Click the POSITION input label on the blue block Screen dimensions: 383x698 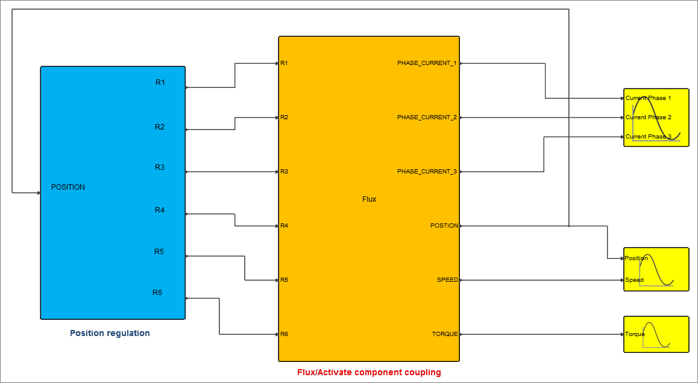tap(68, 187)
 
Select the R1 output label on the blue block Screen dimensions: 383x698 tap(160, 83)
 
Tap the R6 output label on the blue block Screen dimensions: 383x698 tap(157, 293)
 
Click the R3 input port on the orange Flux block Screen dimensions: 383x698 tap(284, 172)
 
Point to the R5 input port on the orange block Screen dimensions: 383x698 tap(284, 280)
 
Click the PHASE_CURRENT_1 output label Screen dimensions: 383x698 tap(427, 63)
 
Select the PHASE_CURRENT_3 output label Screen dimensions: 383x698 tap(427, 172)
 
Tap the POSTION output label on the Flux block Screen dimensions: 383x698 tap(444, 226)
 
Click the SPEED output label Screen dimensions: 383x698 tap(447, 280)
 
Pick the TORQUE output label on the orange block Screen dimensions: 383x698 tap(445, 334)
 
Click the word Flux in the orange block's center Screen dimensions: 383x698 tap(369, 199)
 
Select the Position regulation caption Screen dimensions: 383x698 tap(110, 333)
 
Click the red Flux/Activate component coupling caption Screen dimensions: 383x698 tap(369, 372)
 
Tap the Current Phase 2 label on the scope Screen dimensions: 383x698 tap(649, 117)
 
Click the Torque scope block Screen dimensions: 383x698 tap(656, 334)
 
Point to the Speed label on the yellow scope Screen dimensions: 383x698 tap(634, 280)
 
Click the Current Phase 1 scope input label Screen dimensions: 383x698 tap(649, 98)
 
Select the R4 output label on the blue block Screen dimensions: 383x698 tap(160, 210)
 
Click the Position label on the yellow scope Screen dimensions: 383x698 tap(637, 258)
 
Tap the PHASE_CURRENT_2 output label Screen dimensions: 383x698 tap(427, 117)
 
